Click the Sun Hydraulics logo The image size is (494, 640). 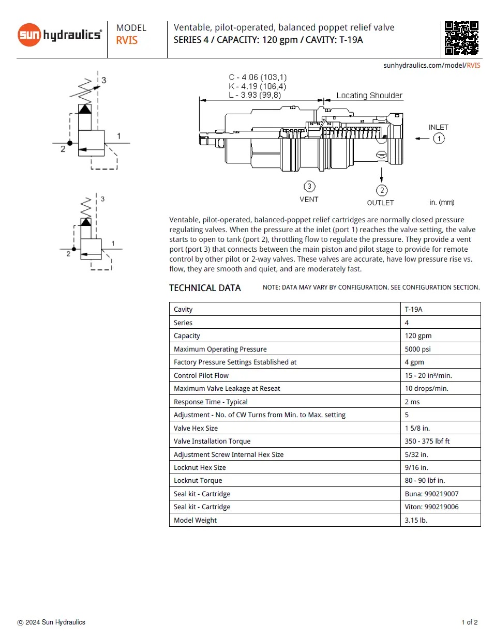click(x=59, y=35)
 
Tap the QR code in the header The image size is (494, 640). click(x=461, y=38)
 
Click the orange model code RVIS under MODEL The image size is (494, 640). click(x=127, y=41)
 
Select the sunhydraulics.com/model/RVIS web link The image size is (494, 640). click(x=431, y=66)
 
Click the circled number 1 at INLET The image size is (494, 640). click(x=439, y=139)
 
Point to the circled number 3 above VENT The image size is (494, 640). click(x=309, y=187)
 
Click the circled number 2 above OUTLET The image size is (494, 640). click(x=382, y=190)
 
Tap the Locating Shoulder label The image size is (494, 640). click(x=369, y=96)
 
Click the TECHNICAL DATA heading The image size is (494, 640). click(x=205, y=288)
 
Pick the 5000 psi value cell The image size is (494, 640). click(x=417, y=349)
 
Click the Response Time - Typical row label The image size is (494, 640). click(x=211, y=402)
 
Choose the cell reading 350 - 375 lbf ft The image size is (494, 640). click(x=427, y=441)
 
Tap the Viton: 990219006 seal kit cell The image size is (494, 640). click(x=431, y=507)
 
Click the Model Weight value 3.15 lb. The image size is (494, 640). click(x=416, y=520)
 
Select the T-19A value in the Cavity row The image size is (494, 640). click(x=413, y=309)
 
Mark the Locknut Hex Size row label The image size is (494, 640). click(x=200, y=467)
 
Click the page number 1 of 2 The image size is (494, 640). click(x=469, y=622)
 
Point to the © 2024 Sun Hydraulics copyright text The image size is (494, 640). click(x=51, y=622)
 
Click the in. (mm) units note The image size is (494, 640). click(x=441, y=203)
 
